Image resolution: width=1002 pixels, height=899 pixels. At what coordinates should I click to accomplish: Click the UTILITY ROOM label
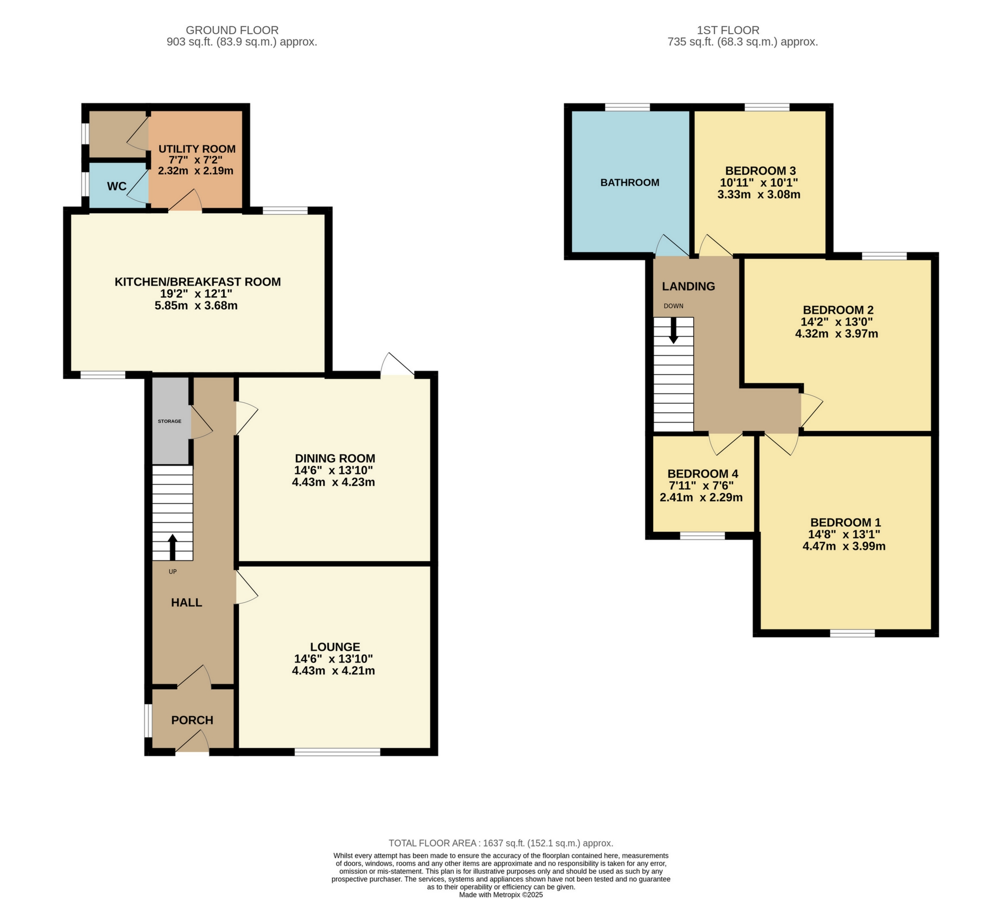(196, 149)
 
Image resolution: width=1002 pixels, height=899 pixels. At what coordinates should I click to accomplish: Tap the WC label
(117, 187)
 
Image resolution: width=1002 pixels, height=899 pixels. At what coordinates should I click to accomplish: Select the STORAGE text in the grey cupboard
(169, 421)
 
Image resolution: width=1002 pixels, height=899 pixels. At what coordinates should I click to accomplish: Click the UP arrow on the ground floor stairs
(172, 547)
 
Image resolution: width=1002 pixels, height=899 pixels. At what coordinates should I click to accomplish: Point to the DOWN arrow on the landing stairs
(673, 331)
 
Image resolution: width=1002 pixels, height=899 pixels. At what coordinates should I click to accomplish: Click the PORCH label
(192, 720)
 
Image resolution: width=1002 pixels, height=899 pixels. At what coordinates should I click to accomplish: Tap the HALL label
(187, 602)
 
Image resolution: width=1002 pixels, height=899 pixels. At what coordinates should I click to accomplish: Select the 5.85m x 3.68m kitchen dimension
(196, 305)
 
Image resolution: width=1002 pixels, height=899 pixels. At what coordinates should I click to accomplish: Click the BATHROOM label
(629, 182)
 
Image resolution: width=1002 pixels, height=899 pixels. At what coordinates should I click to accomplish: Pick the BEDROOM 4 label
(703, 473)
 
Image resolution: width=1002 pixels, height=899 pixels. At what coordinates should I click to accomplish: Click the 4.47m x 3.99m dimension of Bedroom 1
(844, 546)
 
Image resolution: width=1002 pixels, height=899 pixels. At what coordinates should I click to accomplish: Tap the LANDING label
(688, 286)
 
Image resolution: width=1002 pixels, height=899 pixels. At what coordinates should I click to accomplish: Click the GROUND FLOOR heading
(232, 30)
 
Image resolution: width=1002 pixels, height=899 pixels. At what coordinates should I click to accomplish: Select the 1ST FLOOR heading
(728, 30)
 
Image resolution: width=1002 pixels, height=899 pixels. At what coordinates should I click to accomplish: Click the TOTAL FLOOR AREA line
(501, 843)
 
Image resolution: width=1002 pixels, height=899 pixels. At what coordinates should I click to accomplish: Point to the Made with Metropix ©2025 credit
(501, 895)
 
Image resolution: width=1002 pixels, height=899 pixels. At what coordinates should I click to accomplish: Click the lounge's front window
(337, 752)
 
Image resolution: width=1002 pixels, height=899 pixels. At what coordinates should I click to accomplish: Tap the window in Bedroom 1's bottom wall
(852, 633)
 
